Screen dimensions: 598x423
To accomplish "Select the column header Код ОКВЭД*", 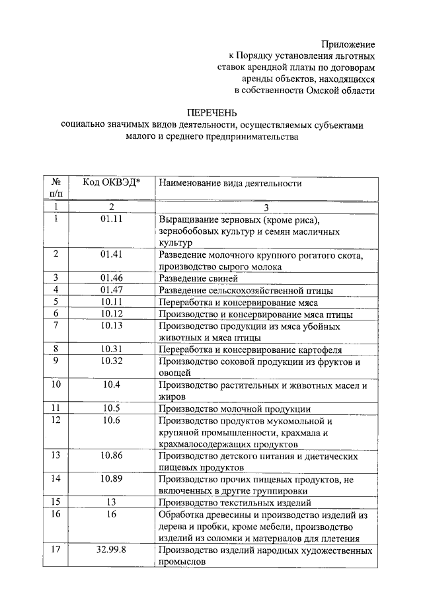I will (x=112, y=183).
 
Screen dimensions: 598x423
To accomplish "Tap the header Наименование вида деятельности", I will (x=230, y=183).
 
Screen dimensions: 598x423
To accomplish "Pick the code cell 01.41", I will (x=112, y=254).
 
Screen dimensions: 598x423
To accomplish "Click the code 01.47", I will (x=112, y=290).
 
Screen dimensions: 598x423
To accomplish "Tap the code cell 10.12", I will (x=112, y=314).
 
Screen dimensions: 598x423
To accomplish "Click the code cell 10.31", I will (x=112, y=350).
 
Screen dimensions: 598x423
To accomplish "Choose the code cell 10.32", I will (x=112, y=361).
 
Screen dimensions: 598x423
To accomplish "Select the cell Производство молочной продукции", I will (x=235, y=409).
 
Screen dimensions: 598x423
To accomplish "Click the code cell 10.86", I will (x=112, y=455).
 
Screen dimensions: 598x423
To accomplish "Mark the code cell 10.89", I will (x=112, y=479).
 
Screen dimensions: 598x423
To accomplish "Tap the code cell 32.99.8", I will (x=112, y=550).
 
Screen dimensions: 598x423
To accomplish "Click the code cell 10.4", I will (x=112, y=385).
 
